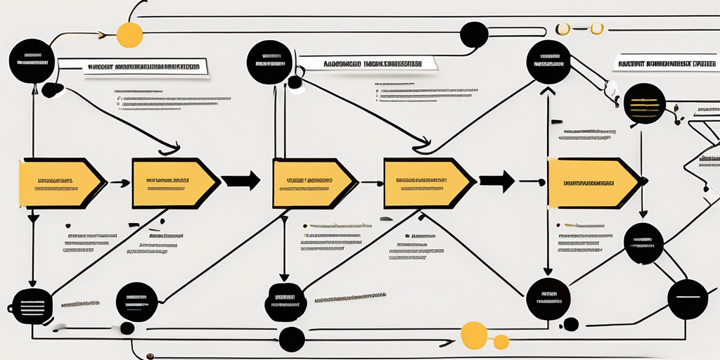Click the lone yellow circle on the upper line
[x=129, y=35]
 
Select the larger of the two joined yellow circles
[x=473, y=334]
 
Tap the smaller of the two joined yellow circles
[x=501, y=342]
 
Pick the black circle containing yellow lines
[x=645, y=104]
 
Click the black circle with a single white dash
[x=687, y=299]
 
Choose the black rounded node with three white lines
[x=32, y=307]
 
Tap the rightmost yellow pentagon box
[x=592, y=183]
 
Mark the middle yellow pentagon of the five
[x=314, y=184]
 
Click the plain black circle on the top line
[x=474, y=34]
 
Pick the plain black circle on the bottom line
[x=292, y=340]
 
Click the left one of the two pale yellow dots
[x=563, y=29]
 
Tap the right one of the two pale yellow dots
[x=596, y=29]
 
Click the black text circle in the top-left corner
[x=32, y=61]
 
